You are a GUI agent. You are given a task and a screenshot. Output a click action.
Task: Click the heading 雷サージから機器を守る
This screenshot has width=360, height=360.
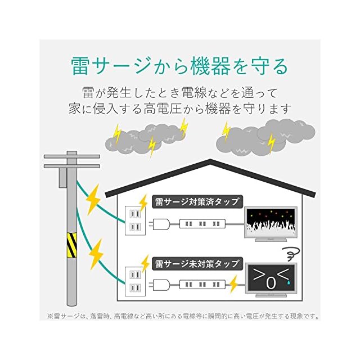tap(179, 66)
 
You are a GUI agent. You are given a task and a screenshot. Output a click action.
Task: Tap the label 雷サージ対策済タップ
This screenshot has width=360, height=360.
tap(197, 201)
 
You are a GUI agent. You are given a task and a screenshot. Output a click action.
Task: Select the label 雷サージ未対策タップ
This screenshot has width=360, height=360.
tap(197, 263)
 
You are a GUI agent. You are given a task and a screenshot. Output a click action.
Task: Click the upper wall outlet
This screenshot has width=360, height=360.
tap(134, 220)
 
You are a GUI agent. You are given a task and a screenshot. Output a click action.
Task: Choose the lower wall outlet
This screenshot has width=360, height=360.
tap(134, 282)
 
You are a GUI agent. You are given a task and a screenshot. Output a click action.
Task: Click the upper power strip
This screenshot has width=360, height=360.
tap(203, 224)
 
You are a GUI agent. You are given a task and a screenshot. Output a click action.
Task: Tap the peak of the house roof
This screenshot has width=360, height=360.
tap(210, 162)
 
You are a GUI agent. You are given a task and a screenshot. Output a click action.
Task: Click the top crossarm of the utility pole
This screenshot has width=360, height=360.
tap(71, 156)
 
